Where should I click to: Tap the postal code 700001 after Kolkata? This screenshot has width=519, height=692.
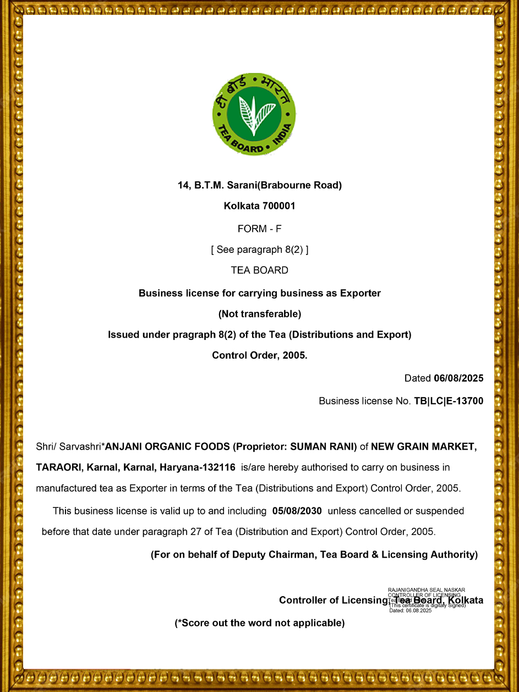coord(279,206)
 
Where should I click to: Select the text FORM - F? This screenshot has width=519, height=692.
coord(259,228)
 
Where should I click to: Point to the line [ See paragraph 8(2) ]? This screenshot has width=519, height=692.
coord(259,250)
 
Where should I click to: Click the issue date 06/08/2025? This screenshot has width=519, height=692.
coord(458,378)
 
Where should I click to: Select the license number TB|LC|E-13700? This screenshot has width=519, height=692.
coord(449,401)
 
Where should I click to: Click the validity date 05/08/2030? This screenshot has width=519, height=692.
coord(297,511)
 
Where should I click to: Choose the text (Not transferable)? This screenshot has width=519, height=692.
coord(259,314)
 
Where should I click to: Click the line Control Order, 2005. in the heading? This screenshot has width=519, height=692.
coord(259,355)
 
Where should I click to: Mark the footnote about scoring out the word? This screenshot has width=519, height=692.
coord(259,623)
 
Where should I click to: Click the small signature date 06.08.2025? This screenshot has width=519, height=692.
coord(418,610)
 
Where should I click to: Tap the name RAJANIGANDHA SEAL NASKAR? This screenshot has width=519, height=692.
coord(427,590)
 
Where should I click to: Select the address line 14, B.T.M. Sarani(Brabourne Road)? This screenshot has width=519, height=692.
coord(259,185)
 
